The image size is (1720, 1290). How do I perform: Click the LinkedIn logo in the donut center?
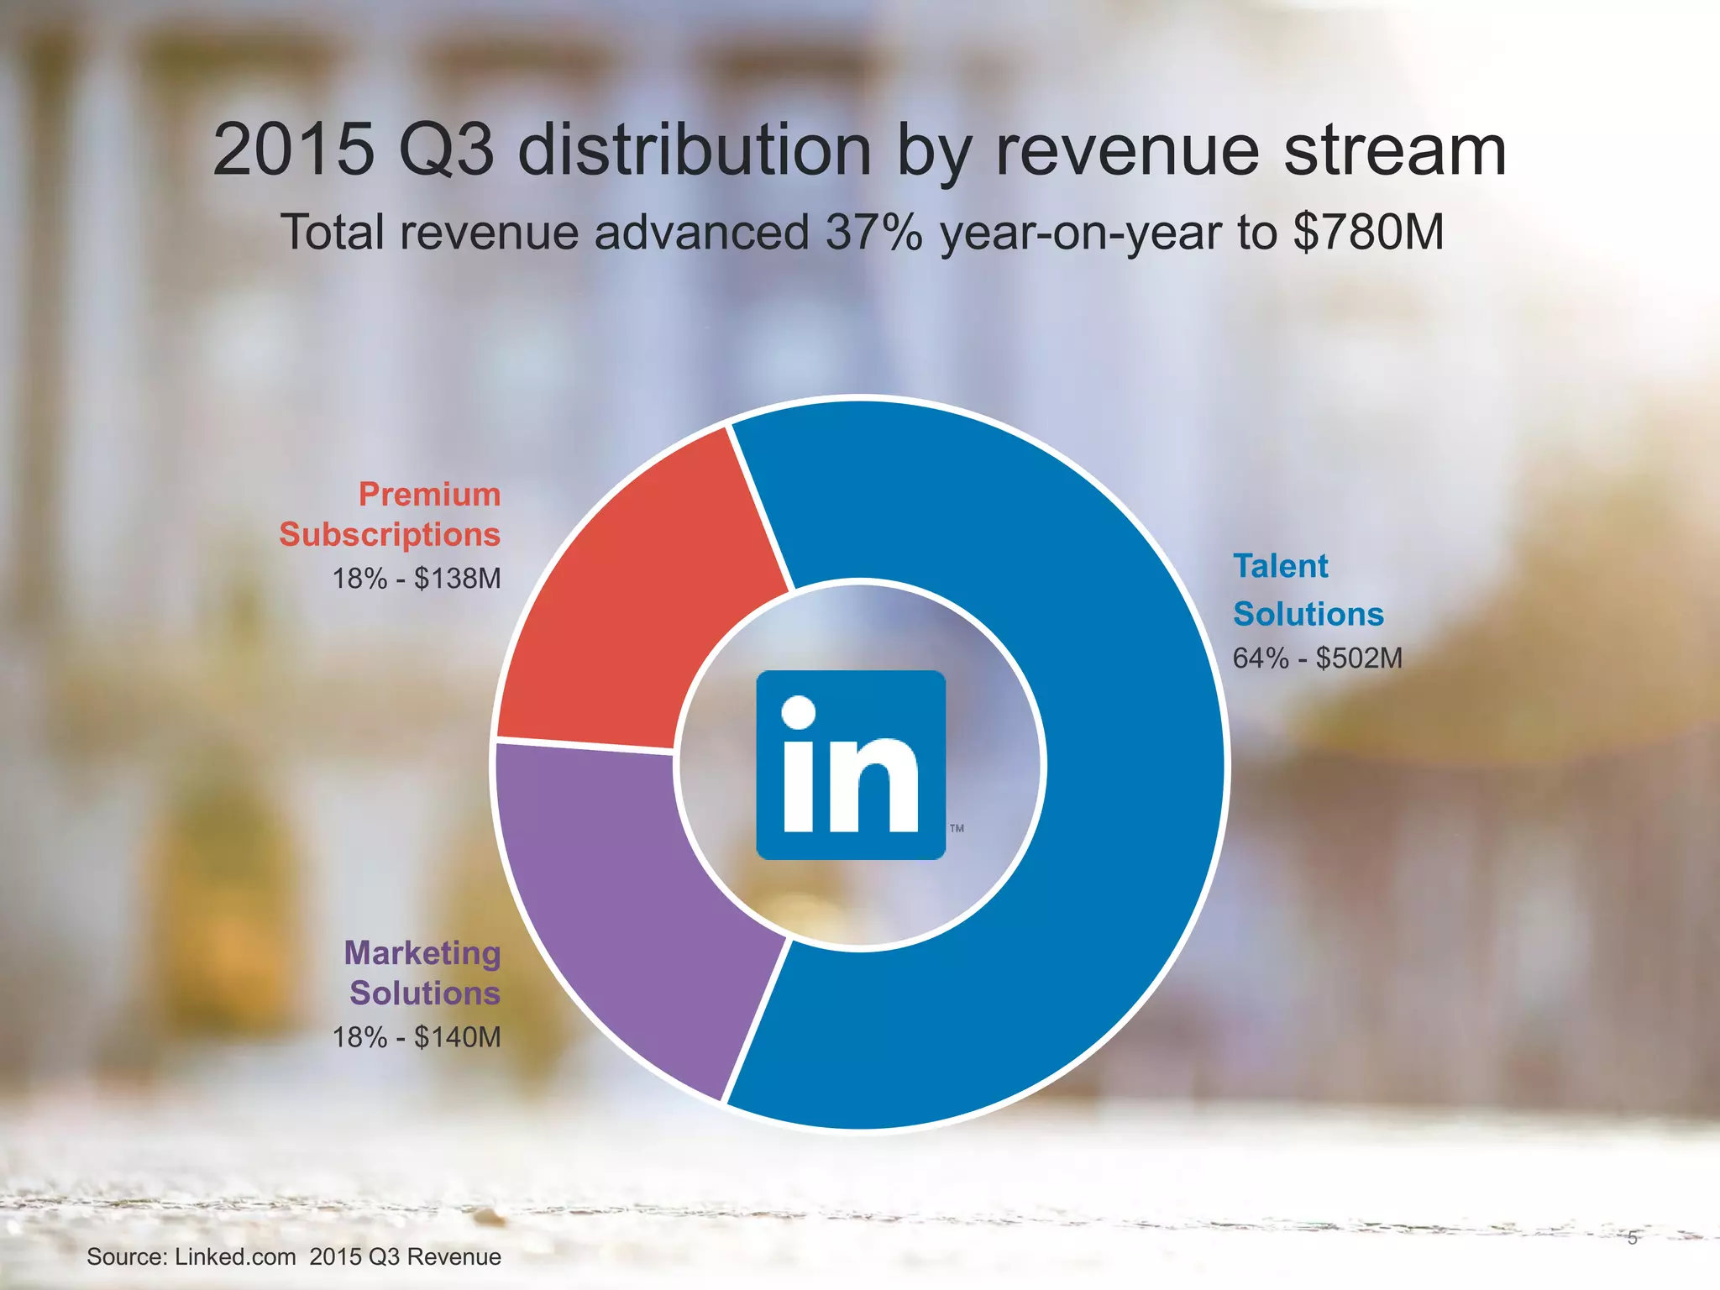[x=851, y=764]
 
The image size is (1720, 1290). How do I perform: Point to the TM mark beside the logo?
[x=957, y=828]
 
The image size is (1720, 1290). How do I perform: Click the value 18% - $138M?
[x=417, y=579]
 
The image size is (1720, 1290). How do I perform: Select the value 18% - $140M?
[x=417, y=1037]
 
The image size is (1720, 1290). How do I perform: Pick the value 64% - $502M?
[x=1317, y=658]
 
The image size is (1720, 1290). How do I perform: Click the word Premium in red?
[x=429, y=494]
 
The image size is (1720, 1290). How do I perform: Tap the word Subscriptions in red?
[x=390, y=534]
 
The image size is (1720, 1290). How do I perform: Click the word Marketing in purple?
[x=422, y=952]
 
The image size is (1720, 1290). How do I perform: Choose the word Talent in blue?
[x=1280, y=566]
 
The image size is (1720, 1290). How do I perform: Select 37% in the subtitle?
[x=873, y=233]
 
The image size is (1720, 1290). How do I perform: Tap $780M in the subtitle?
[x=1368, y=233]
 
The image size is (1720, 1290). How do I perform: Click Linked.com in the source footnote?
[x=235, y=1256]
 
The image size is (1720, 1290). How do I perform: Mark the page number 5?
[x=1632, y=1238]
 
